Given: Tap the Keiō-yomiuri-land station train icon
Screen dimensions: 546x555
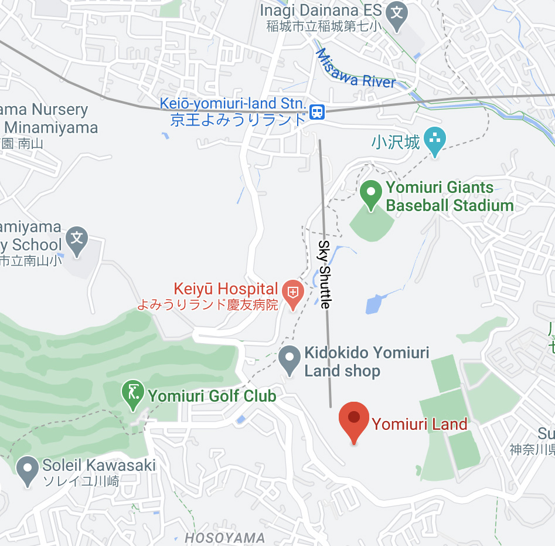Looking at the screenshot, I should pos(317,111).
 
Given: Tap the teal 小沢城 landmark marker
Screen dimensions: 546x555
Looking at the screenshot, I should pos(434,140).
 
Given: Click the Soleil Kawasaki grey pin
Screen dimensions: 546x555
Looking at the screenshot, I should pos(28,469).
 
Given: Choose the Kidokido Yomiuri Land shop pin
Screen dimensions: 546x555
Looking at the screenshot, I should pos(289,358).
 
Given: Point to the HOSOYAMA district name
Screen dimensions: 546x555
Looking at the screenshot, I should pos(224,538).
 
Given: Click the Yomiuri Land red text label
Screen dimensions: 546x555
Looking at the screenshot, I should pos(420,424).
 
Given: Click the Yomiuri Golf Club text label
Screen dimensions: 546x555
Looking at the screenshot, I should pos(212,396).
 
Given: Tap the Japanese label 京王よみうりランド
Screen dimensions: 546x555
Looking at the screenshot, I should pos(238,120).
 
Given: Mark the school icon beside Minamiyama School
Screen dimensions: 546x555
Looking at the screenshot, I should pos(77,238).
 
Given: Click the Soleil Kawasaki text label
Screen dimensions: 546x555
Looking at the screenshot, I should pos(99,466).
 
